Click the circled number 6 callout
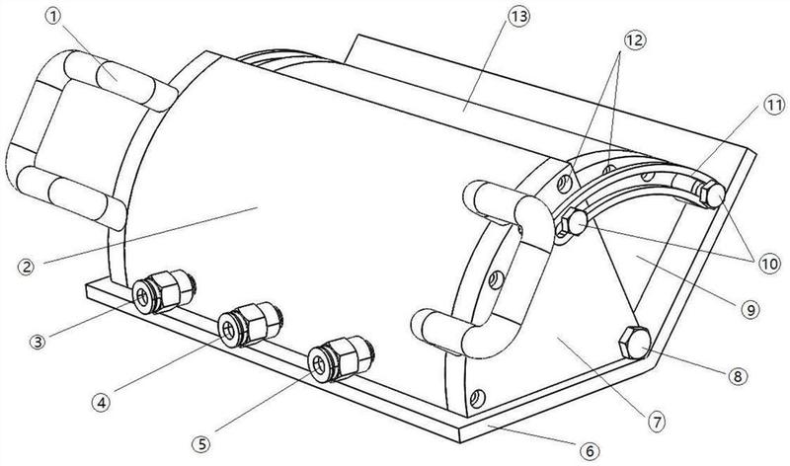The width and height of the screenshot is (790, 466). [590, 450]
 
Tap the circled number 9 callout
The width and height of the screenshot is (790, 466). [750, 309]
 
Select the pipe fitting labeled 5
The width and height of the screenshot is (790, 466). [331, 357]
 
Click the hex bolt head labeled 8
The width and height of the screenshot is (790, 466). [631, 344]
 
